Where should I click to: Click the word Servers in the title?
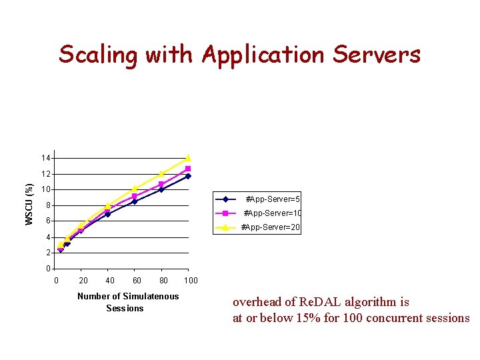pyautogui.click(x=377, y=54)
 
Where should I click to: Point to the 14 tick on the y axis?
pyautogui.click(x=45, y=158)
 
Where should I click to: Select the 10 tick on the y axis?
pyautogui.click(x=45, y=190)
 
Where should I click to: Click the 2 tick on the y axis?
pyautogui.click(x=47, y=253)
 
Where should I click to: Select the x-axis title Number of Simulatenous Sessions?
pyautogui.click(x=127, y=302)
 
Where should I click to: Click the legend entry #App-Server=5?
pyautogui.click(x=273, y=199)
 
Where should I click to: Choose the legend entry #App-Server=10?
pyautogui.click(x=273, y=213)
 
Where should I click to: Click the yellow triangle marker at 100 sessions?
pyautogui.click(x=188, y=158)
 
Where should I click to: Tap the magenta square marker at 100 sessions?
pyautogui.click(x=188, y=169)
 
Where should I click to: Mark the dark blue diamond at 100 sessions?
pyautogui.click(x=188, y=176)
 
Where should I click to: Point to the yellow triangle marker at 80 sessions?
pyautogui.click(x=161, y=174)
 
